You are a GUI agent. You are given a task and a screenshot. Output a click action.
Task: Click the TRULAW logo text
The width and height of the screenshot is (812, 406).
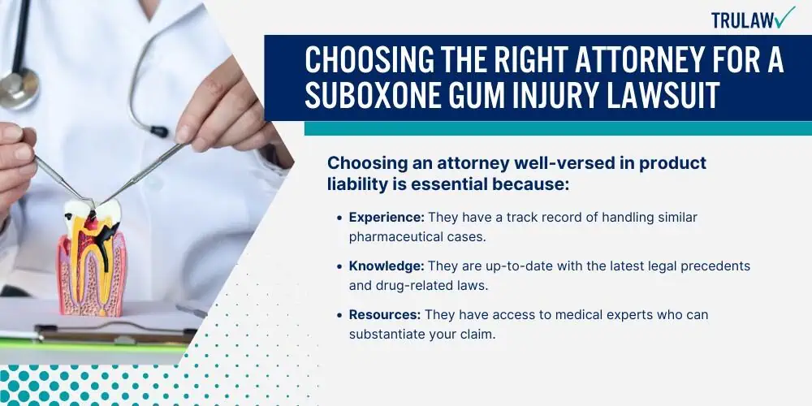(744, 20)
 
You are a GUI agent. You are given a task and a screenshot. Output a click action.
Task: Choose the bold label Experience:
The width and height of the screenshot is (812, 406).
(387, 218)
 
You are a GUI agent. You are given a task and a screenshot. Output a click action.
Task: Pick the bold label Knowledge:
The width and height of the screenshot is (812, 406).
(387, 266)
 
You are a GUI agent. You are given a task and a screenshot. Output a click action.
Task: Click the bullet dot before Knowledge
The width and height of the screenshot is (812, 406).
(339, 267)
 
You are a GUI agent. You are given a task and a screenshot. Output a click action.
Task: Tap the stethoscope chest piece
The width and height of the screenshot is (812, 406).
(19, 89)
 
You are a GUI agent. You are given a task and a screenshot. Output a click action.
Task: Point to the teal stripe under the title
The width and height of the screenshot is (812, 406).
(558, 128)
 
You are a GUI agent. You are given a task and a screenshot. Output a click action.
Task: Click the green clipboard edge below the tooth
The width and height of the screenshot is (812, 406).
(93, 343)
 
